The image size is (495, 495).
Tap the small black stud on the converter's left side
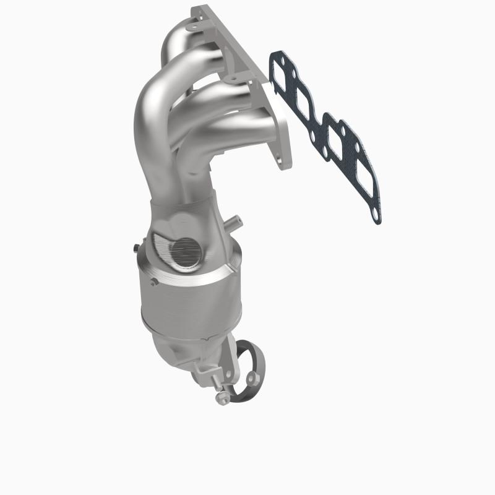(134, 249)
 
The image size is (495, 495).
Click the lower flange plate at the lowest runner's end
(282, 148)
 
